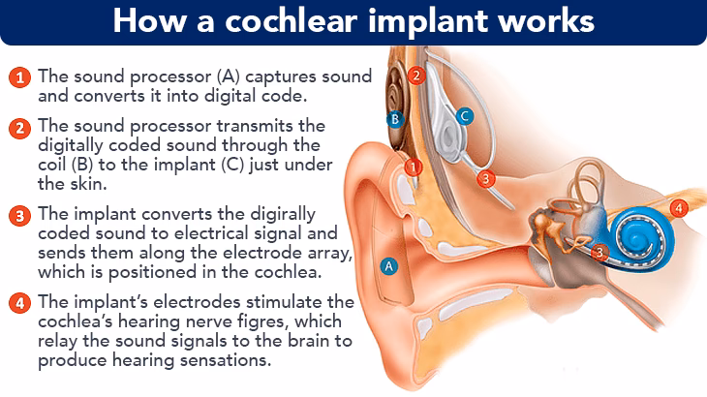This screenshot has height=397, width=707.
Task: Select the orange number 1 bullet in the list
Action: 17,76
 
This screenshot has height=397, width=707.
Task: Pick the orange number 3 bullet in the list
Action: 17,215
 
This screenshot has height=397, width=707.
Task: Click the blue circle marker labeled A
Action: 388,264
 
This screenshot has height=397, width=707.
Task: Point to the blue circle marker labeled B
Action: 393,119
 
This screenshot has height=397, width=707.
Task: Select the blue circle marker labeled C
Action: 464,116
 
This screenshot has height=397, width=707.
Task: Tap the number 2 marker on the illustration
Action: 415,74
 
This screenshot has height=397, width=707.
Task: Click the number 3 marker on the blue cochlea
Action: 599,252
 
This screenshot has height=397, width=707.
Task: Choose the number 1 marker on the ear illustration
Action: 414,167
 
